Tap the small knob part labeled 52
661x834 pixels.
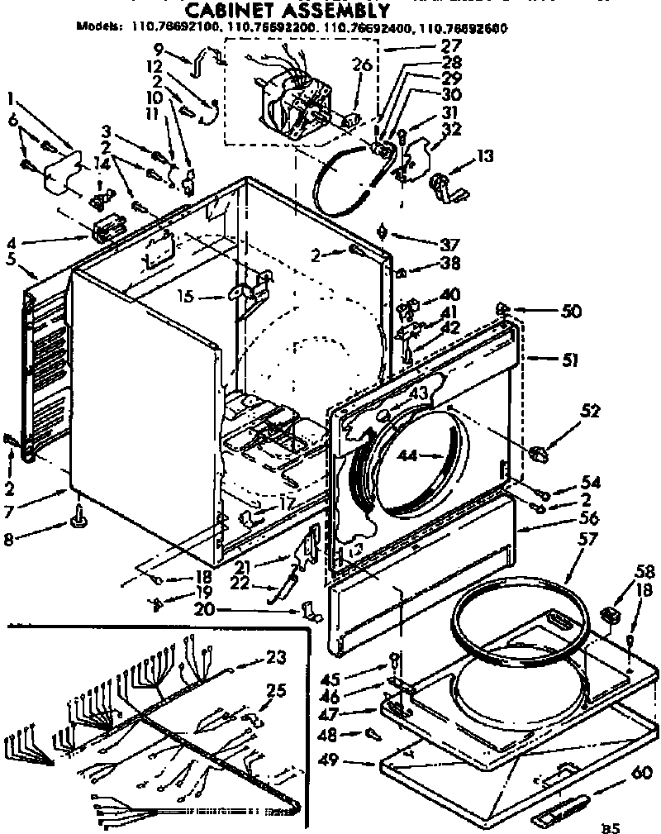[537, 452]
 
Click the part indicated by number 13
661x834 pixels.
[443, 185]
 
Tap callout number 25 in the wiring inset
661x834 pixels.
[277, 689]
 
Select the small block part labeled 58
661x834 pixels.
[611, 613]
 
